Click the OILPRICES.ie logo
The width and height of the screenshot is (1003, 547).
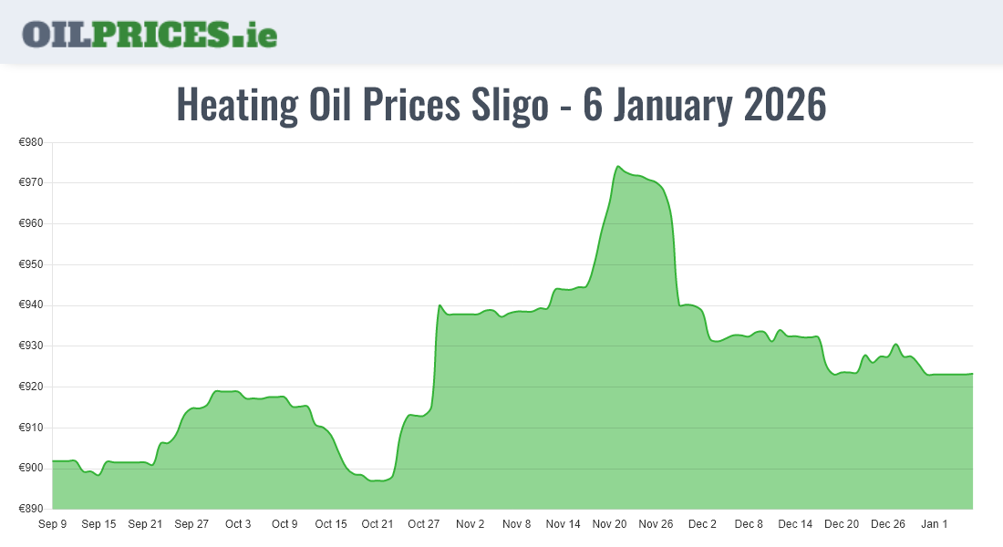pos(150,34)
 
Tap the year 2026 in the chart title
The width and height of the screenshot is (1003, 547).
pos(785,105)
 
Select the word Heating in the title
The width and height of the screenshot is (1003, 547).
pos(236,105)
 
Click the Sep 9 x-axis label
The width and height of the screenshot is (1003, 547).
pos(52,524)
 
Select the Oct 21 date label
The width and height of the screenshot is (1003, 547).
pos(377,524)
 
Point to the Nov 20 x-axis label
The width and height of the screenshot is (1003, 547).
pos(609,524)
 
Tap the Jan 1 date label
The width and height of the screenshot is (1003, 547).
pos(934,524)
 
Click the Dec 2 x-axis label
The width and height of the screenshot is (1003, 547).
pos(702,524)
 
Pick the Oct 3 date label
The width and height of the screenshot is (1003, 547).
pos(238,524)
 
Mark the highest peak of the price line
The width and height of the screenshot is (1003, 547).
pos(618,167)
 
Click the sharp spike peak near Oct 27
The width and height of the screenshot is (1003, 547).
pos(439,305)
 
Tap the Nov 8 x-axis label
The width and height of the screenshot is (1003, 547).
pos(516,524)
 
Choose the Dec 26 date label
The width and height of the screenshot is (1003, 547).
pos(888,524)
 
